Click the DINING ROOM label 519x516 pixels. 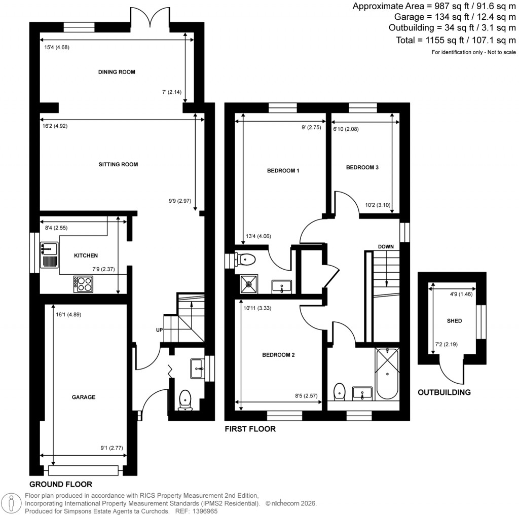[x=117, y=72]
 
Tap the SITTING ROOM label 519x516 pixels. [x=118, y=164]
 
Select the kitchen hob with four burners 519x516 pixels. [x=83, y=284]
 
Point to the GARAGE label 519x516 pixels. [x=84, y=397]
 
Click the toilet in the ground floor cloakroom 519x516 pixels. [x=186, y=399]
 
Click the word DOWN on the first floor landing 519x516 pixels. [x=386, y=247]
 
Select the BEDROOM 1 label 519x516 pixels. [x=283, y=171]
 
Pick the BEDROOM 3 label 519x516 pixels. [x=362, y=167]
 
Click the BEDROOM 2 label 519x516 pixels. [x=278, y=355]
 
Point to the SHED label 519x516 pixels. [x=454, y=321]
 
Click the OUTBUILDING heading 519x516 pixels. [x=444, y=392]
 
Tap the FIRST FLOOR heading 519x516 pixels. [x=250, y=429]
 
